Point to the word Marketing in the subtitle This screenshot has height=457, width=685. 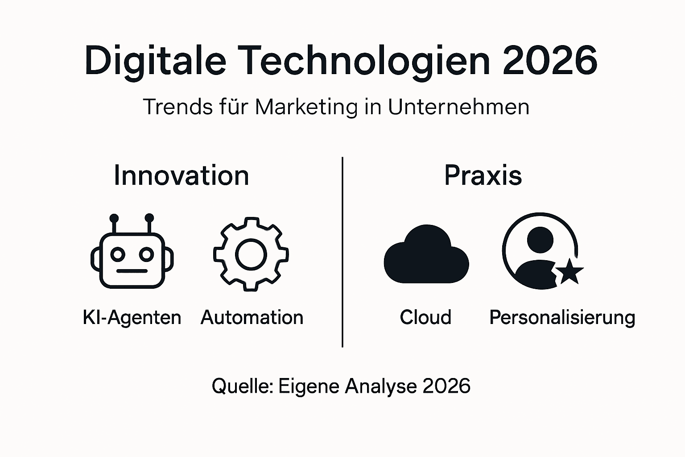click(306, 107)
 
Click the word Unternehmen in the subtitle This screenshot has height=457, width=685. click(458, 107)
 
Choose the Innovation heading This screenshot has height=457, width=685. click(181, 175)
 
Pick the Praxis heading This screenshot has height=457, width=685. click(483, 175)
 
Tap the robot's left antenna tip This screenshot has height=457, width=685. click(114, 218)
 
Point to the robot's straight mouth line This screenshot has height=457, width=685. click(132, 270)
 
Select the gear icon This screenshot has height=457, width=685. click(251, 254)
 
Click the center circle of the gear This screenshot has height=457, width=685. click(251, 254)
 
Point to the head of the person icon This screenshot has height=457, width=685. click(540, 240)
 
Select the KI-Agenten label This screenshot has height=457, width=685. click(132, 318)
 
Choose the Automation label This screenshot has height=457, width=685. click(252, 318)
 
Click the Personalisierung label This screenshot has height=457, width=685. click(562, 318)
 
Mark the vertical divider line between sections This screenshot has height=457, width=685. click(342, 252)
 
